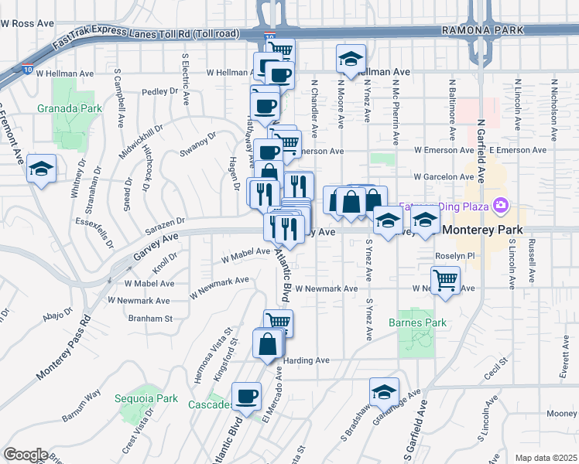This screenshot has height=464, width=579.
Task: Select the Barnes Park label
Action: (x=416, y=322)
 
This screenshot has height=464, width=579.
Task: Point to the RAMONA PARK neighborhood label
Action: (x=482, y=30)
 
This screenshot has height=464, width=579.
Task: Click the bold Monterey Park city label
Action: (x=479, y=230)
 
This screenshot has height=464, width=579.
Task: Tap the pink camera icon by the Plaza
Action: (x=502, y=206)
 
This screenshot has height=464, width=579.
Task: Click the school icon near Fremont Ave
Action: (x=40, y=169)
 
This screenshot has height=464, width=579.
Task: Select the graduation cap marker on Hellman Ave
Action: (x=350, y=59)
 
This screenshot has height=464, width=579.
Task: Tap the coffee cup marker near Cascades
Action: (x=247, y=396)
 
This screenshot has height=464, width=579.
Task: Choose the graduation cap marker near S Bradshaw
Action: (x=383, y=391)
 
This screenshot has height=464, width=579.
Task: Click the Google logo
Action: (x=26, y=455)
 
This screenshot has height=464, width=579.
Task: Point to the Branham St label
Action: (x=149, y=318)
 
